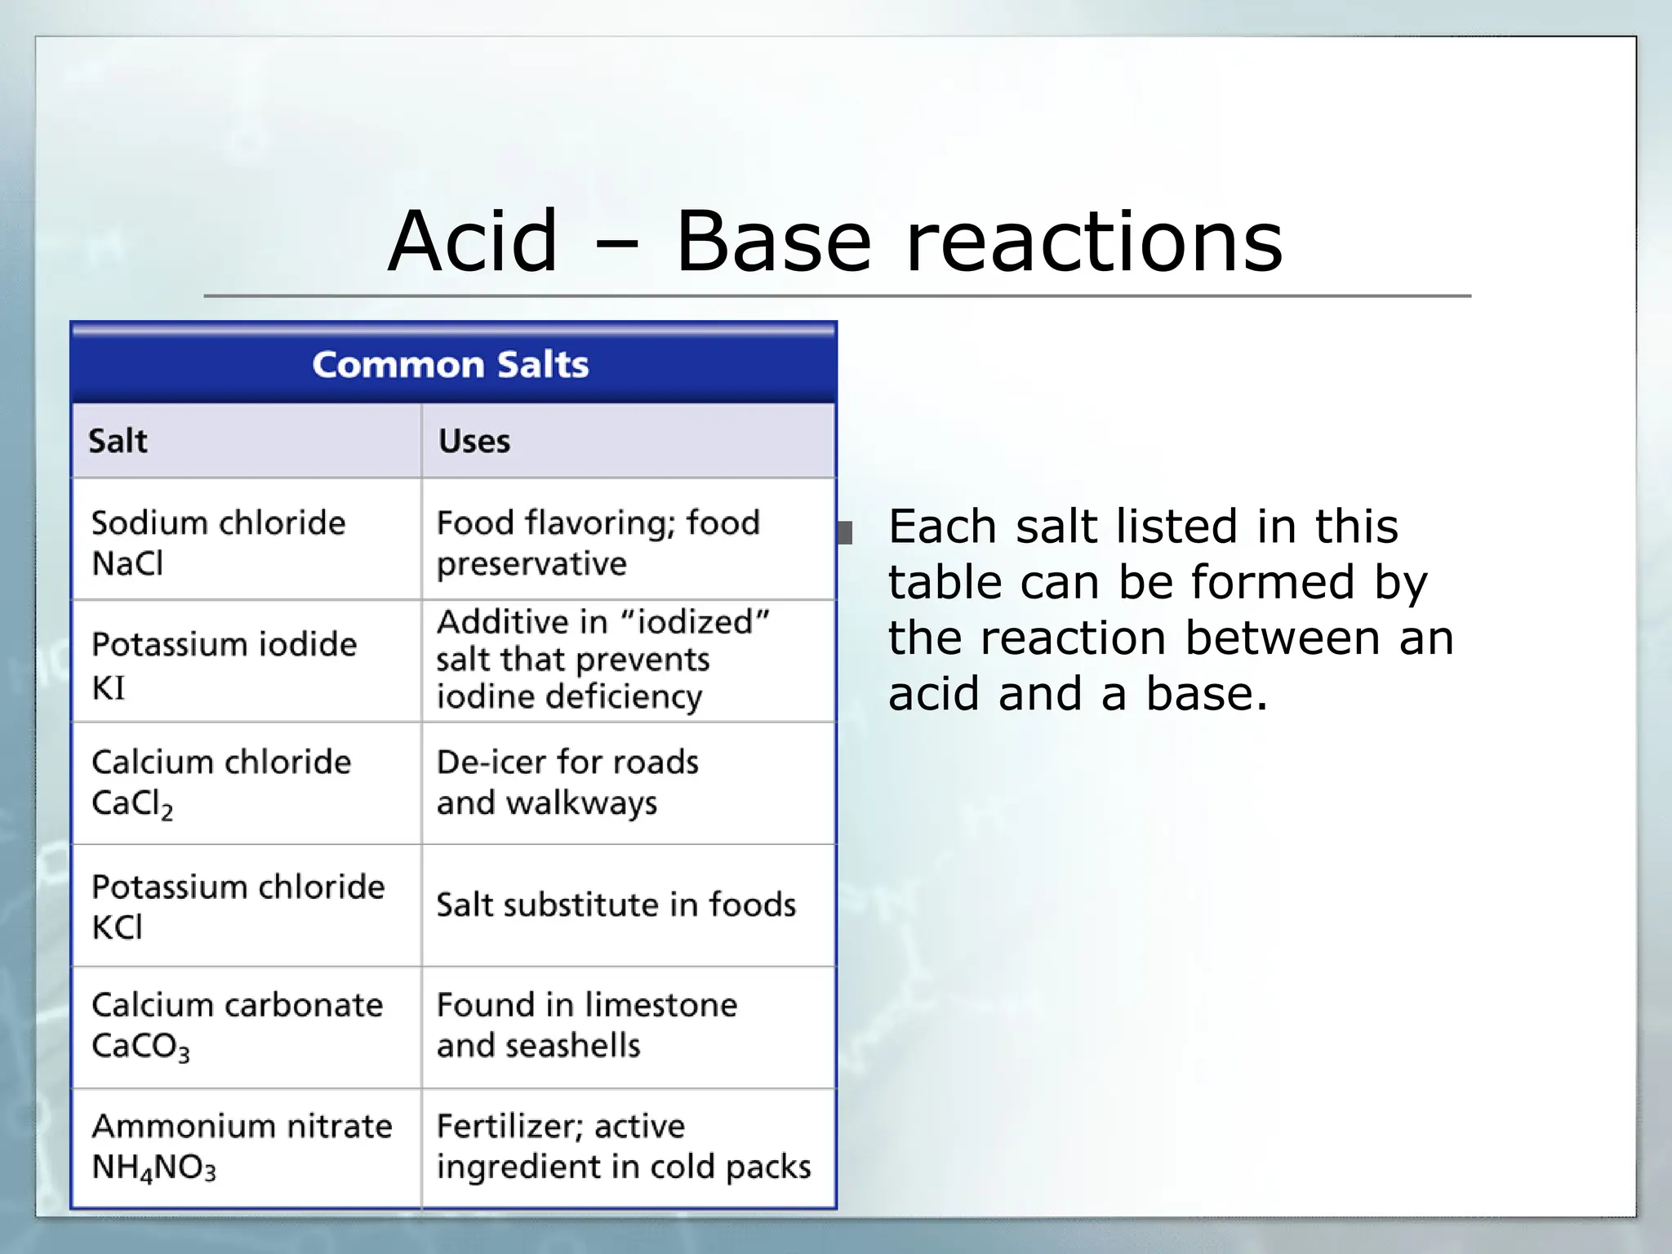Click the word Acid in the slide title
pos(473,242)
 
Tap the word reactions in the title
pos(1094,242)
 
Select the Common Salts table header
pos(451,364)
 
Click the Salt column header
pos(118,441)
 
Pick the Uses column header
pos(474,441)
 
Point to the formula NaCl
pos(127,563)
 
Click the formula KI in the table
pos(109,688)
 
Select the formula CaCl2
pos(132,804)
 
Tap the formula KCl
pos(118,927)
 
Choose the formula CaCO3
pos(140,1047)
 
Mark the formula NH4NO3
pos(153,1167)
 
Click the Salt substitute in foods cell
pos(616,905)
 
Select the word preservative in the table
pos(531,563)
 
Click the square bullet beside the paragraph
pos(845,533)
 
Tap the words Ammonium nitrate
pos(242,1126)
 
